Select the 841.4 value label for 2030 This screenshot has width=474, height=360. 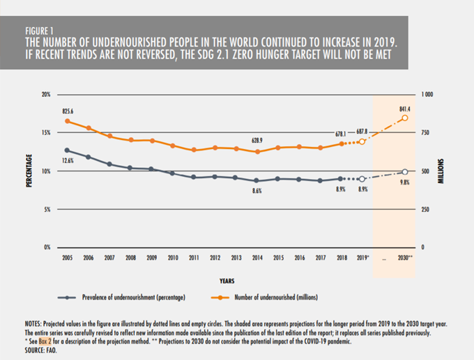click(404, 109)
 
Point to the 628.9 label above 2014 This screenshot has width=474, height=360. click(257, 141)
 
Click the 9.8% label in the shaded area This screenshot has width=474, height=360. click(405, 182)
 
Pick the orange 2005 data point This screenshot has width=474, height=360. click(67, 121)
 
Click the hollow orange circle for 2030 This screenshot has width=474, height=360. click(406, 118)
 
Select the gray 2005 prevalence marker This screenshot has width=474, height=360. click(67, 150)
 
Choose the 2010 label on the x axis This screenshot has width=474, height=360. click(172, 257)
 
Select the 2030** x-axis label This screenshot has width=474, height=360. click(406, 257)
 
